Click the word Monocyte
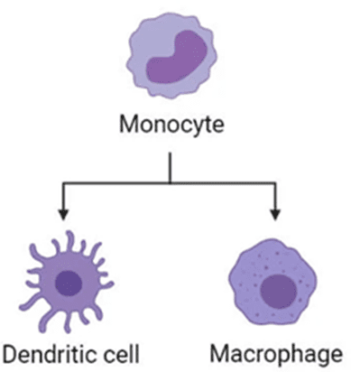(171, 125)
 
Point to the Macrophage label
(276, 355)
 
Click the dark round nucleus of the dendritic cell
(69, 284)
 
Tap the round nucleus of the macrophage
(278, 291)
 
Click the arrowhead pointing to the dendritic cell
(63, 214)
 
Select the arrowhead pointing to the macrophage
(275, 214)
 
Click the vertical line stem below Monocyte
(170, 167)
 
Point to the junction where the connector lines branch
(170, 182)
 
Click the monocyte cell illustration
(171, 56)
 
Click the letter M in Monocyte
(127, 124)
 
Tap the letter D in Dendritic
(10, 354)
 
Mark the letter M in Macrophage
(218, 354)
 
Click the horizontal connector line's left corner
(63, 182)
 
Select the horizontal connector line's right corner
(275, 182)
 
